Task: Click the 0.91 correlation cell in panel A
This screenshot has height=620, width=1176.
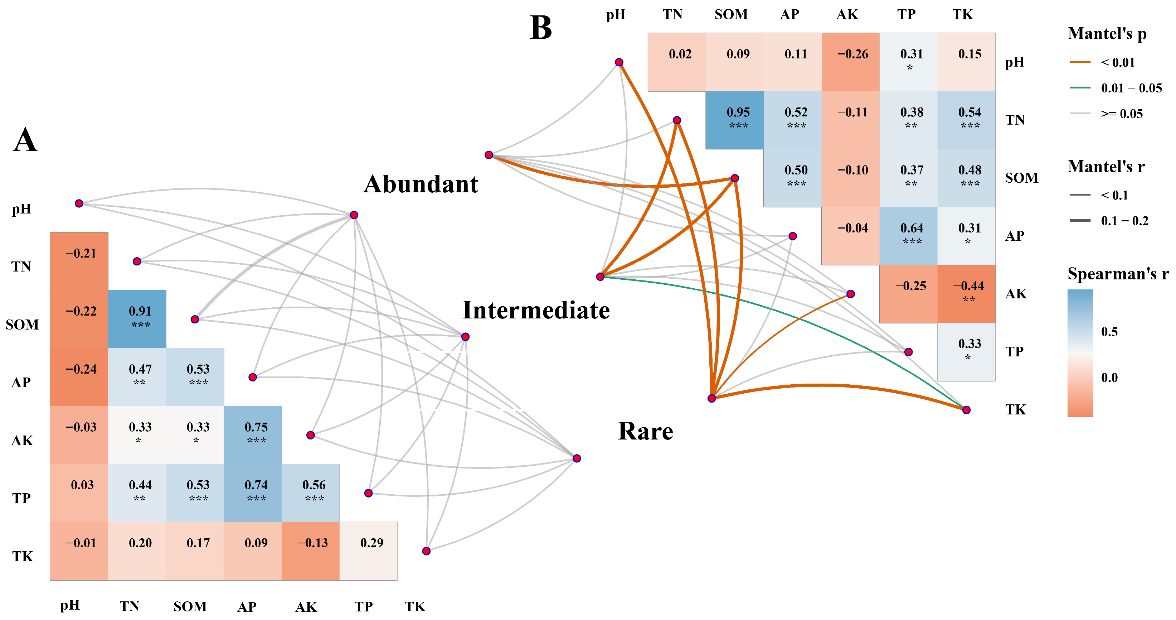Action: pyautogui.click(x=137, y=318)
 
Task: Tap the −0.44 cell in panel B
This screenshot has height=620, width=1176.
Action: pyautogui.click(x=966, y=294)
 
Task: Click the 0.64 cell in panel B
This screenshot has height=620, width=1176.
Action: pyautogui.click(x=908, y=236)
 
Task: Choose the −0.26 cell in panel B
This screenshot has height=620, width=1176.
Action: pyautogui.click(x=850, y=62)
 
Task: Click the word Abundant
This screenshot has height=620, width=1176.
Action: pyautogui.click(x=421, y=184)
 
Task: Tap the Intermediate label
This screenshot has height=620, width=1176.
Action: pyautogui.click(x=536, y=310)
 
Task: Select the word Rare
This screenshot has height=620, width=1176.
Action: pyautogui.click(x=645, y=431)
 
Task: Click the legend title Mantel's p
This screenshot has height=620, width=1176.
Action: pyautogui.click(x=1107, y=34)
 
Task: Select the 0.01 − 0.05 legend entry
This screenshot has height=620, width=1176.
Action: pyautogui.click(x=1131, y=88)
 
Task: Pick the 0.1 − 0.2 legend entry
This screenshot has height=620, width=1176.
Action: pyautogui.click(x=1124, y=221)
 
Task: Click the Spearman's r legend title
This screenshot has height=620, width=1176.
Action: pyautogui.click(x=1118, y=274)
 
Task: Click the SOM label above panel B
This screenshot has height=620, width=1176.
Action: pyautogui.click(x=731, y=14)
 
